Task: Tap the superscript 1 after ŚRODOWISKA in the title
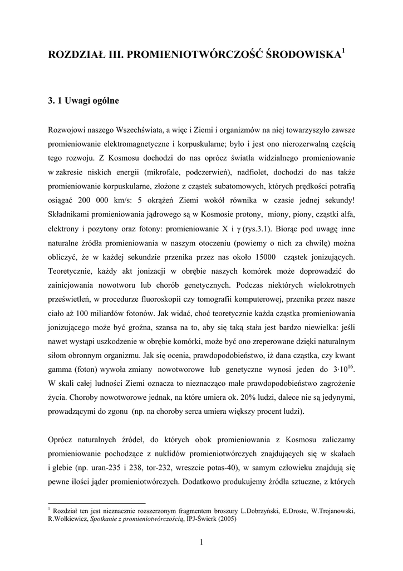[x=343, y=51]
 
